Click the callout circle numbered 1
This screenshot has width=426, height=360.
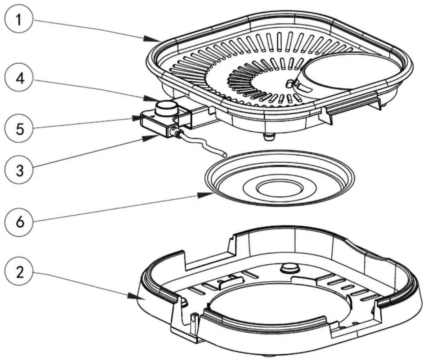(19, 19)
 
